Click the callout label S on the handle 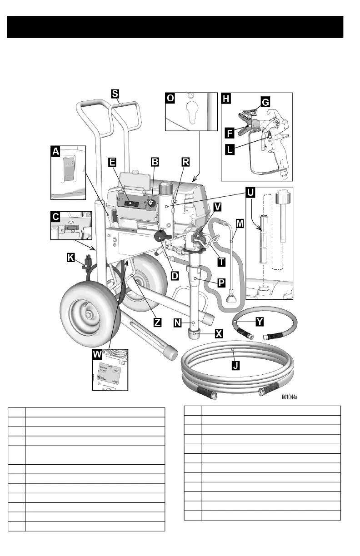(x=115, y=93)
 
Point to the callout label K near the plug (x=70, y=258)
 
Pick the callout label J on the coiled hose (x=235, y=365)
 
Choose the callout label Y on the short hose (x=259, y=321)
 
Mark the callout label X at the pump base (x=219, y=333)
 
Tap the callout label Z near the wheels (x=158, y=322)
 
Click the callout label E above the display (x=112, y=162)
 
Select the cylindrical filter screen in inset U (x=262, y=239)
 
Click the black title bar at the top (x=175, y=26)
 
